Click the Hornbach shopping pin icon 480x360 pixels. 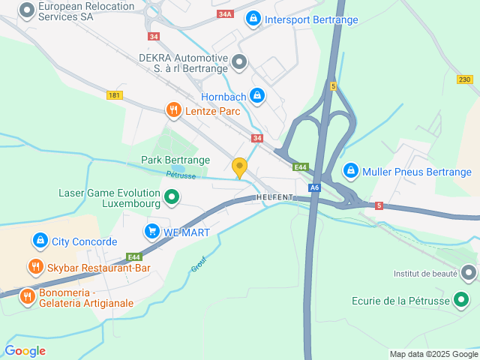pyautogui.click(x=257, y=95)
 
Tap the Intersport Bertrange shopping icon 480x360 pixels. pyautogui.click(x=253, y=18)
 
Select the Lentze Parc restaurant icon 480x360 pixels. pyautogui.click(x=173, y=111)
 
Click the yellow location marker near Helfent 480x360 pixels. pyautogui.click(x=240, y=167)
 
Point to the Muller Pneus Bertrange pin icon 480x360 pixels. pyautogui.click(x=350, y=172)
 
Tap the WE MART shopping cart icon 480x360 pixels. pyautogui.click(x=152, y=232)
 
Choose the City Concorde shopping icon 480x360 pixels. pyautogui.click(x=40, y=241)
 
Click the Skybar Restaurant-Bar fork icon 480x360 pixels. pyautogui.click(x=35, y=267)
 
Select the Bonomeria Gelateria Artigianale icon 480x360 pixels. pyautogui.click(x=28, y=296)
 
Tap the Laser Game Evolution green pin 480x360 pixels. pyautogui.click(x=172, y=197)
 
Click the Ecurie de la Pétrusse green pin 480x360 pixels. pyautogui.click(x=461, y=301)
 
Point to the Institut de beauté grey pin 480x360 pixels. pyautogui.click(x=469, y=273)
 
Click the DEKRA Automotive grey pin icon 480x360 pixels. pyautogui.click(x=239, y=62)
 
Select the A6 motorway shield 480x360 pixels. pyautogui.click(x=315, y=187)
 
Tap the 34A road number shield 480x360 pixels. pyautogui.click(x=224, y=14)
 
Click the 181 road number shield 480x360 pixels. pyautogui.click(x=114, y=95)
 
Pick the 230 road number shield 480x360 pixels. pyautogui.click(x=465, y=79)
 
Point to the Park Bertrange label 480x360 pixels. pyautogui.click(x=175, y=160)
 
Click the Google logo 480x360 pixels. pyautogui.click(x=25, y=350)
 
